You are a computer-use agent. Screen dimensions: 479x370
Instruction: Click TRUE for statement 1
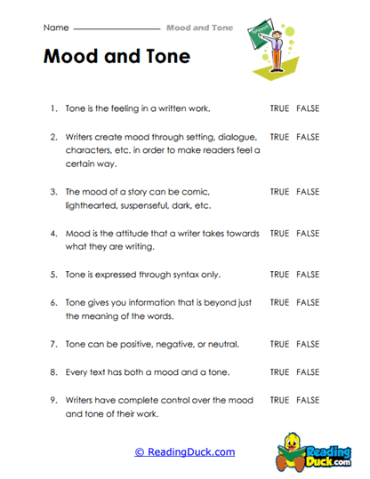279,108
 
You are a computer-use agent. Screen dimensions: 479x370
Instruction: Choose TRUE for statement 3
279,191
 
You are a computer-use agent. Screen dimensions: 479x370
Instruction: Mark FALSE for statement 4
308,233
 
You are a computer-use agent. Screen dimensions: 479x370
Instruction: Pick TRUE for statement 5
279,275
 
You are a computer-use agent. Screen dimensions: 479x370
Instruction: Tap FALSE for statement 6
308,302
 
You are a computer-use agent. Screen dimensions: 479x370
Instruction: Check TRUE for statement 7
279,344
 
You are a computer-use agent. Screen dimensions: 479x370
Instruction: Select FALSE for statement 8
308,371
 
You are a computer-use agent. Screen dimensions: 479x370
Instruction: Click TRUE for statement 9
279,400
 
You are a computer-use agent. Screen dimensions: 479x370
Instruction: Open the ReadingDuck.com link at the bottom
185,452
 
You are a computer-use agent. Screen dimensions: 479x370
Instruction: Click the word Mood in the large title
75,56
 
